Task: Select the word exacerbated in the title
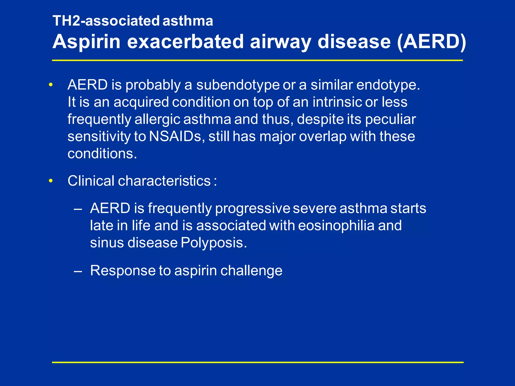click(x=185, y=42)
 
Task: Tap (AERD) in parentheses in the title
click(x=432, y=42)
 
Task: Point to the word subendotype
click(x=238, y=85)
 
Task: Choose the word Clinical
click(x=91, y=181)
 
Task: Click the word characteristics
click(x=164, y=181)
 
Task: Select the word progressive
click(x=252, y=208)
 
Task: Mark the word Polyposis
click(x=214, y=243)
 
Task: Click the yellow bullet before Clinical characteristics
click(x=51, y=181)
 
